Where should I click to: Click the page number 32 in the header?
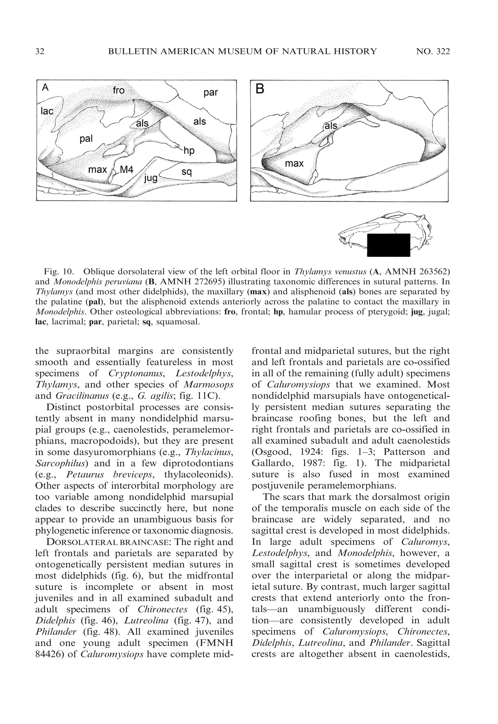coord(40,52)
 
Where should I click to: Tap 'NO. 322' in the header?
coord(433,52)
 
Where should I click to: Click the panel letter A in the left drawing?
coord(45,88)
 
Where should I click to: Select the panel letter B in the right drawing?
coord(260,89)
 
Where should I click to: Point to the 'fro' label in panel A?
coord(119,90)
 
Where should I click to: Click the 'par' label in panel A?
coord(211,93)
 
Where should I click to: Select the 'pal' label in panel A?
coord(86,139)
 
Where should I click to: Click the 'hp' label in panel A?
coord(189,151)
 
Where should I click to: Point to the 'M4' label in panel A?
coord(127,170)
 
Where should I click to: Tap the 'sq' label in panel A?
coord(186,172)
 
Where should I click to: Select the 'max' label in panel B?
coord(294,163)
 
